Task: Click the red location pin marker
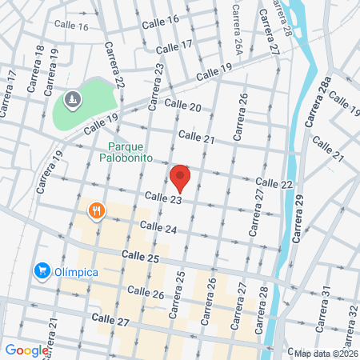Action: tap(180, 177)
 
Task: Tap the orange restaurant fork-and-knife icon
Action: tap(96, 211)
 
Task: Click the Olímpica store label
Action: tap(76, 272)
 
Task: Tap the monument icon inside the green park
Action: tap(73, 99)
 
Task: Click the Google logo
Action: tap(26, 350)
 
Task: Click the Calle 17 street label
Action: tap(174, 47)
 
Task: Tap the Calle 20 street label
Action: tap(182, 105)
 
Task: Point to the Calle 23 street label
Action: tap(163, 195)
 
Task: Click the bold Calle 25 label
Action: tap(141, 257)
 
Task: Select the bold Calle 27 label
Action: tap(110, 318)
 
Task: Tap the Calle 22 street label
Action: tap(274, 184)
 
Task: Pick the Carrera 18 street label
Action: tap(38, 73)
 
